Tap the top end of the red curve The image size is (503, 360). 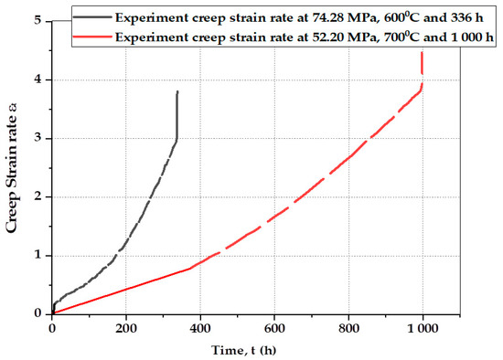(x=422, y=53)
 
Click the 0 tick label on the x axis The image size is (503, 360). (x=52, y=327)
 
